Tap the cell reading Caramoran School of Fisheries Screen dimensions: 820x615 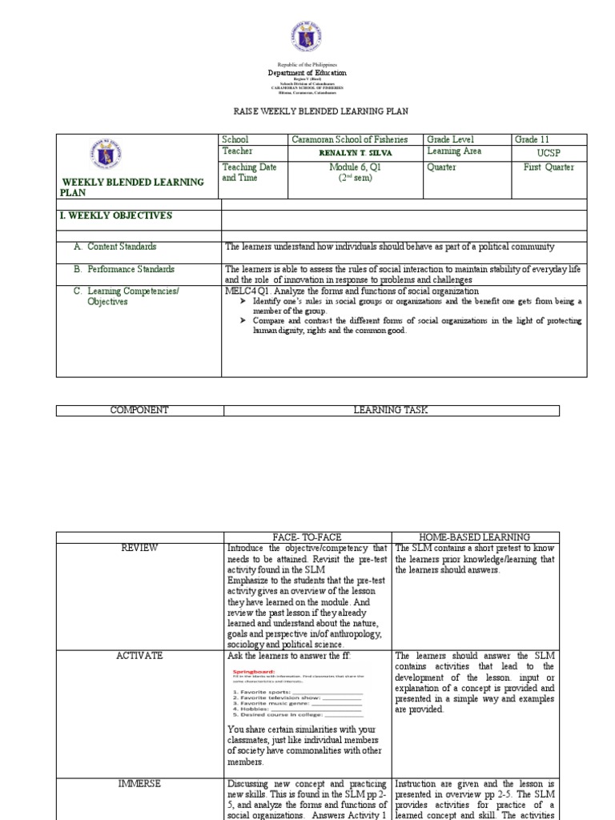[349, 139]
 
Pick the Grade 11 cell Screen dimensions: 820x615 [533, 139]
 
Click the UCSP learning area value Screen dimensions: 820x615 [545, 151]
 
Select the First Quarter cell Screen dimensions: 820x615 [549, 167]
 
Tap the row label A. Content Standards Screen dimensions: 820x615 [122, 247]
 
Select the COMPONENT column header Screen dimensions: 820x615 [139, 410]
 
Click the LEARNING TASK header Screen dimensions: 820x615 [391, 410]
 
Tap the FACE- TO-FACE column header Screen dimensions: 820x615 [307, 536]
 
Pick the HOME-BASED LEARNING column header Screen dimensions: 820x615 [475, 536]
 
